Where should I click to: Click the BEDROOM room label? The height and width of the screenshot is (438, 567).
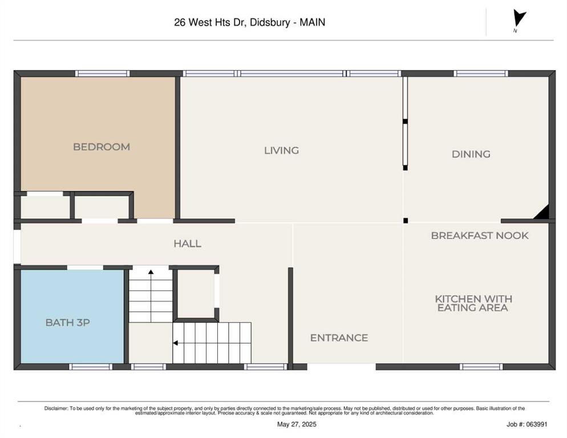[x=102, y=147]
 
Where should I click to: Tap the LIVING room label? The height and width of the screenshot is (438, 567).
[x=281, y=151]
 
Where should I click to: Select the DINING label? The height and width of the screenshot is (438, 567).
[x=471, y=154]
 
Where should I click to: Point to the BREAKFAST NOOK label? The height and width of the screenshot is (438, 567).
[x=480, y=236]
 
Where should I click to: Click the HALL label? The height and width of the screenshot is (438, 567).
[x=187, y=244]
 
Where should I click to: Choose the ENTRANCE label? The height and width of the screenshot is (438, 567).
[x=339, y=338]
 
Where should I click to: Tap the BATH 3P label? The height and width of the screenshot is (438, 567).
[x=68, y=322]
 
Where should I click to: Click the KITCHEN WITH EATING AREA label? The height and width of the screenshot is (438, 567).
[x=473, y=303]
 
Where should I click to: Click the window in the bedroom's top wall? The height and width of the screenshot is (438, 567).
[x=102, y=74]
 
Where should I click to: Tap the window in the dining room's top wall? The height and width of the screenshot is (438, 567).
[x=480, y=74]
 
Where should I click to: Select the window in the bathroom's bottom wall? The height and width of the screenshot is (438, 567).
[x=91, y=367]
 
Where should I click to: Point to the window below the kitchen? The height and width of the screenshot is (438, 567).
[x=481, y=367]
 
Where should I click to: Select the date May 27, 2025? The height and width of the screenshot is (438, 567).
[x=297, y=424]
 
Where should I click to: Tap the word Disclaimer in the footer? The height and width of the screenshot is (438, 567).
[x=56, y=408]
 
